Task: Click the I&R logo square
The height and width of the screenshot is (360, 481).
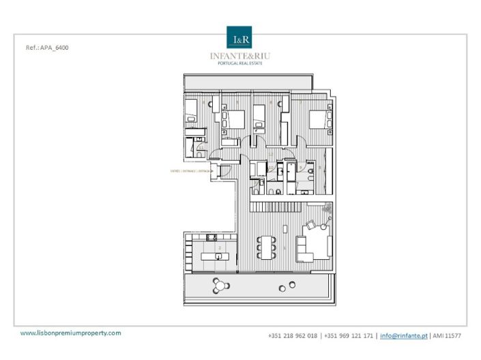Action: [x=240, y=38]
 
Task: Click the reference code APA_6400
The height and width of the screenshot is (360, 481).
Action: [x=46, y=48]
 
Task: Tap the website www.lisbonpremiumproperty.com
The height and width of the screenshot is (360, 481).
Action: [x=70, y=333]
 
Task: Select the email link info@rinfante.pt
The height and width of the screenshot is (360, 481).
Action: [x=404, y=335]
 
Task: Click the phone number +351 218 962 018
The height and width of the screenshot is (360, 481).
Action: [x=293, y=335]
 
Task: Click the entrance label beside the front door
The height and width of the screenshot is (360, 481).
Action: [x=190, y=171]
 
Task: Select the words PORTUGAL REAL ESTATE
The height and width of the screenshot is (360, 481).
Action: [x=240, y=63]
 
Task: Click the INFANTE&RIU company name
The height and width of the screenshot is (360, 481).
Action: [x=240, y=56]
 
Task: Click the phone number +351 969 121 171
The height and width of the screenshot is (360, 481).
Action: [x=349, y=335]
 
